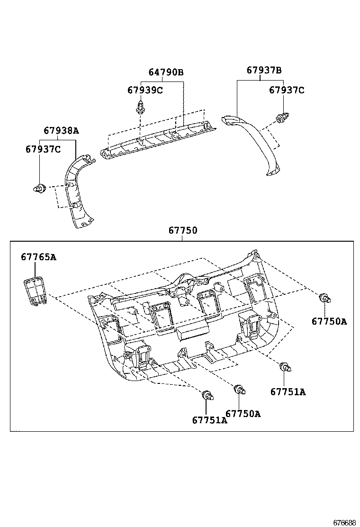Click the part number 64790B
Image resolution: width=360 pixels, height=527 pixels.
(x=166, y=73)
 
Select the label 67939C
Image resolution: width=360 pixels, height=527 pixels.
(x=144, y=90)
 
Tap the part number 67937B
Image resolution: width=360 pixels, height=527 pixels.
(x=264, y=70)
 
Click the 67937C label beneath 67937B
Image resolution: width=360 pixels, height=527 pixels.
(x=287, y=90)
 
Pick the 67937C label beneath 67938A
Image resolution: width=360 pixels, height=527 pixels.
(x=43, y=149)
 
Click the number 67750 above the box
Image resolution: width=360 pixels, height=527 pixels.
(x=183, y=231)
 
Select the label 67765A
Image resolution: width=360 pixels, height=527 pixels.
(x=38, y=257)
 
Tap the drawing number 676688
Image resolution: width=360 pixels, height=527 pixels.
(x=344, y=523)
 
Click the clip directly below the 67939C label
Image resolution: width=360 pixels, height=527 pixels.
(x=141, y=108)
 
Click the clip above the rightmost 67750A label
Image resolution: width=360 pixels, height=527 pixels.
(x=324, y=299)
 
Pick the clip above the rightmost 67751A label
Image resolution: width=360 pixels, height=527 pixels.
(x=285, y=367)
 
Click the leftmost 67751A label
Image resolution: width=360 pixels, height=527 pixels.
(x=209, y=420)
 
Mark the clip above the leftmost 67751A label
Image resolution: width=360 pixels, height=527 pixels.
(x=207, y=395)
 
